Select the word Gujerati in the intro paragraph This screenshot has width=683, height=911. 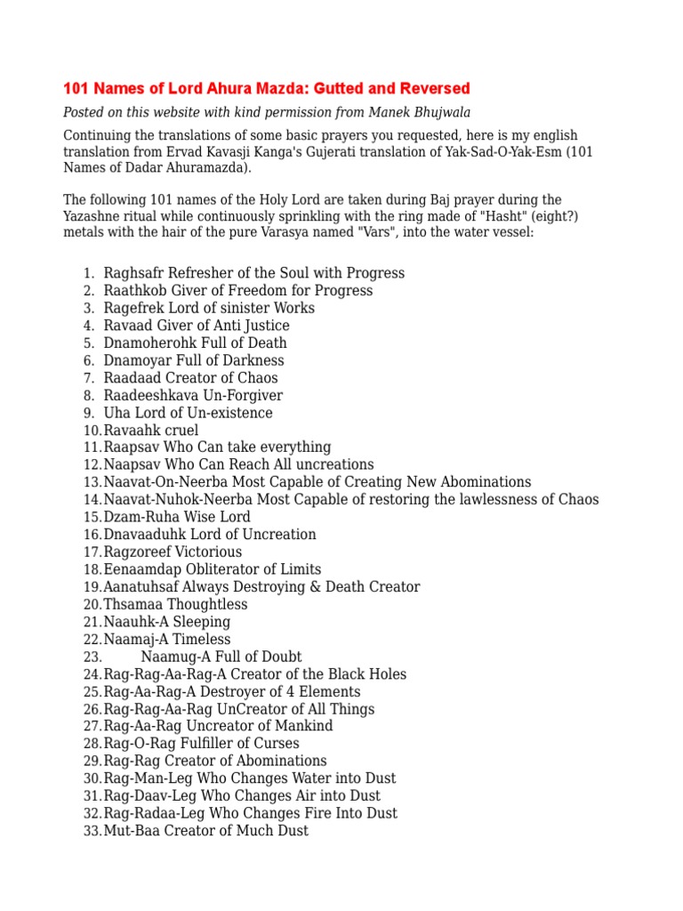pyautogui.click(x=346, y=151)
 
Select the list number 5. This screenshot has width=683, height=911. pyautogui.click(x=89, y=343)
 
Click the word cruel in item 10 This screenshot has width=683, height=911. pyautogui.click(x=181, y=431)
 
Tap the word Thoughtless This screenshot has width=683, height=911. pyautogui.click(x=204, y=604)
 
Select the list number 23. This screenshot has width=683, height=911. pyautogui.click(x=92, y=657)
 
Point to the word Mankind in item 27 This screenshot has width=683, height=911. pyautogui.click(x=303, y=726)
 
